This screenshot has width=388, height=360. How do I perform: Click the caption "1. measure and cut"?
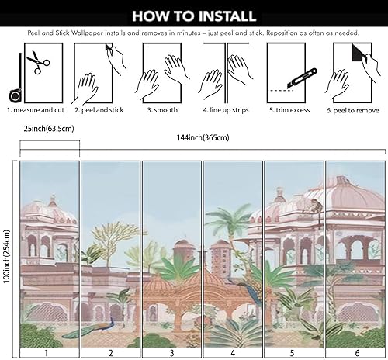pyautogui.click(x=34, y=110)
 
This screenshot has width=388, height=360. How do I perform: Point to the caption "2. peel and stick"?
pyautogui.click(x=99, y=110)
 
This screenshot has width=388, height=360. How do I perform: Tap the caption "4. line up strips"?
pyautogui.click(x=224, y=110)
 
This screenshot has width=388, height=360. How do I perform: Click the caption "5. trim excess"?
pyautogui.click(x=289, y=110)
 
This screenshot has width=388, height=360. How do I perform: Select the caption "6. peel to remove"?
pyautogui.click(x=353, y=110)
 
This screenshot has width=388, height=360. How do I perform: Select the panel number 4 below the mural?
pyautogui.click(x=231, y=352)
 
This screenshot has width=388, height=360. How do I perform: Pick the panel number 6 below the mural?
pyautogui.click(x=355, y=352)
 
